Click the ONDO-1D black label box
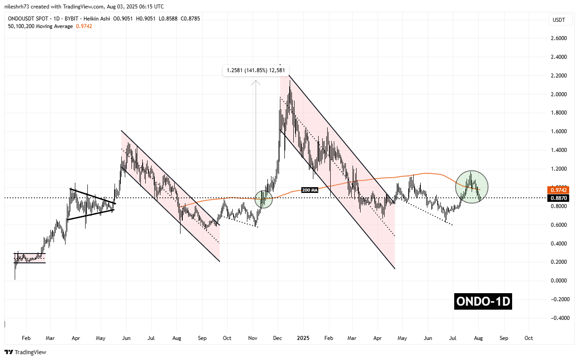click(483, 302)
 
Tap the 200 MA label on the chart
click(309, 190)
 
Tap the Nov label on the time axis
click(253, 338)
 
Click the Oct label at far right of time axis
click(529, 338)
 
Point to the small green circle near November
click(263, 199)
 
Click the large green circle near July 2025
click(472, 187)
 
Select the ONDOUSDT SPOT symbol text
click(34, 18)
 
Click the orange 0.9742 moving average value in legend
click(85, 26)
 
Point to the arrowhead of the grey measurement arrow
click(255, 82)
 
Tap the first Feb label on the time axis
click(26, 338)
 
